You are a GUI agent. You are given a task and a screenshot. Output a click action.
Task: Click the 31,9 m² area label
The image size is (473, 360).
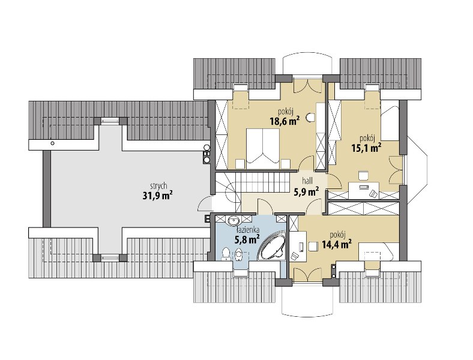click(x=157, y=196)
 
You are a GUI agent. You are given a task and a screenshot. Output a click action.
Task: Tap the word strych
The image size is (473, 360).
click(x=158, y=187)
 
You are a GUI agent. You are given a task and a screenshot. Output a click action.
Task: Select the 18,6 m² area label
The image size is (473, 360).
click(x=285, y=121)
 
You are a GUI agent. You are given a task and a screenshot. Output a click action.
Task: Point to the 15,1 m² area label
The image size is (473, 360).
click(x=366, y=148)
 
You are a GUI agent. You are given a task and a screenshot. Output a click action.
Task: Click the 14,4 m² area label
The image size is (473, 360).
click(x=337, y=244)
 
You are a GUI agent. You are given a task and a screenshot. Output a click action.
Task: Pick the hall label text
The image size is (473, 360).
click(x=307, y=181)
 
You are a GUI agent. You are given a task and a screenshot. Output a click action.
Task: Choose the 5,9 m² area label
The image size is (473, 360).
click(x=307, y=191)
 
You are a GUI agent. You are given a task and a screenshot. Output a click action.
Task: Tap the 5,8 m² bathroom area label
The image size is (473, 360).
click(x=247, y=239)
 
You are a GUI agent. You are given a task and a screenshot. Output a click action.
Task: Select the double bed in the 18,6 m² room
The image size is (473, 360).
click(x=263, y=148)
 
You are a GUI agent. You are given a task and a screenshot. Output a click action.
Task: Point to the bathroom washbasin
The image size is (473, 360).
click(x=232, y=221)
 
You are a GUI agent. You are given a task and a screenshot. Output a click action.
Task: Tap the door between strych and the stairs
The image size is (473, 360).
click(x=205, y=204)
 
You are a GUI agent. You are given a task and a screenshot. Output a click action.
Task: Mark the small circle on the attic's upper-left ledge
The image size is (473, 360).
click(x=52, y=143)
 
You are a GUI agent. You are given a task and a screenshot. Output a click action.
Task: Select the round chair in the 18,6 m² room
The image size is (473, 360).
click(x=311, y=118)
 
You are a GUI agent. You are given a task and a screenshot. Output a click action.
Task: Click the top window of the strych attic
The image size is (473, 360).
click(x=110, y=121)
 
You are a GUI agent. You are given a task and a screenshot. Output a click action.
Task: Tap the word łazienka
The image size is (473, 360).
click(x=249, y=230)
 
